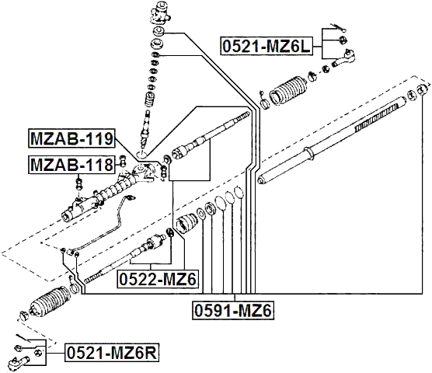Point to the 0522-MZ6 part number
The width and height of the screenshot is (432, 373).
tap(159, 279)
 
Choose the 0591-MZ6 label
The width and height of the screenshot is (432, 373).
tap(232, 312)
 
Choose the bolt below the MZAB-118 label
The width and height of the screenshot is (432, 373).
tap(79, 183)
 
